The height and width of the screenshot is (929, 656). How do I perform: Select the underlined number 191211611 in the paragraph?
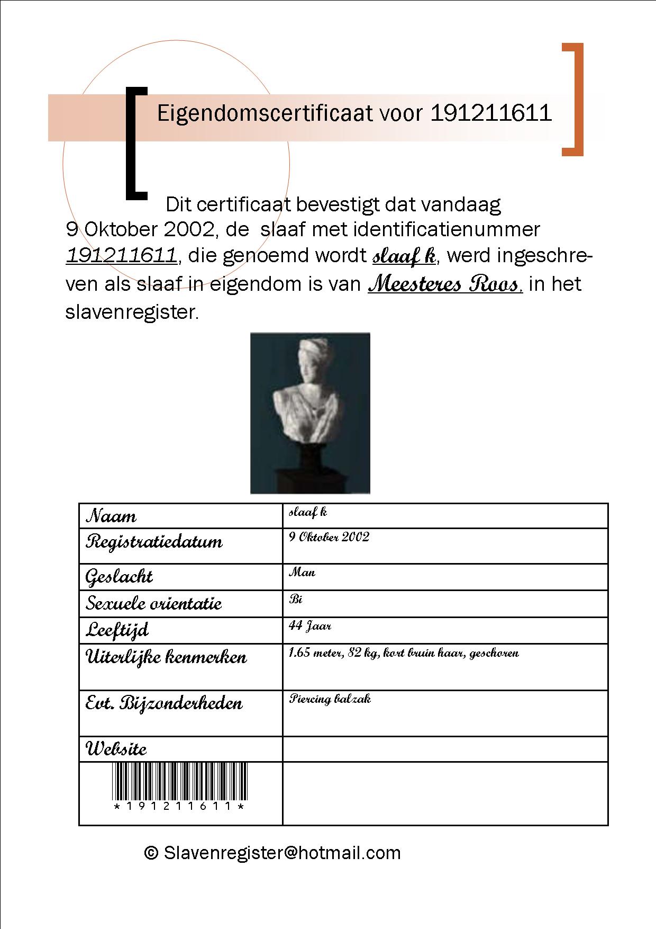(121, 256)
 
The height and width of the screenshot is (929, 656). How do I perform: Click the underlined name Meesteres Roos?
(445, 284)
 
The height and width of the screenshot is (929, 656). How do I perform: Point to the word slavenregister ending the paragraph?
(131, 312)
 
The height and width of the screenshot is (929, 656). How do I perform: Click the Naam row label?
(111, 516)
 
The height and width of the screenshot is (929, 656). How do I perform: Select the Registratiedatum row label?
(154, 542)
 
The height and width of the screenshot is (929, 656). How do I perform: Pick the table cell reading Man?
(302, 573)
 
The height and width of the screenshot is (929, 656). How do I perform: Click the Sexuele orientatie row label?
(153, 603)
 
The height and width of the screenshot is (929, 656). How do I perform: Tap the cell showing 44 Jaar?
(310, 626)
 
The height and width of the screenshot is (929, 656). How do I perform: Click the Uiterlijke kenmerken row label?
(166, 657)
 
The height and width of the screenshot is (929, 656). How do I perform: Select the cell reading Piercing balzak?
(330, 699)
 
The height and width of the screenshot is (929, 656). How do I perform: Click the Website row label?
(116, 749)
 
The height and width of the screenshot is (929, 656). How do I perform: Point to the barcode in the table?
(180, 782)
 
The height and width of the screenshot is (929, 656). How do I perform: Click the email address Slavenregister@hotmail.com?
(282, 853)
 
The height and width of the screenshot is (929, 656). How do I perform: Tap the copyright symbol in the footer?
(151, 853)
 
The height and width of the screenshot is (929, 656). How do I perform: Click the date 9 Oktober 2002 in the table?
(329, 537)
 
